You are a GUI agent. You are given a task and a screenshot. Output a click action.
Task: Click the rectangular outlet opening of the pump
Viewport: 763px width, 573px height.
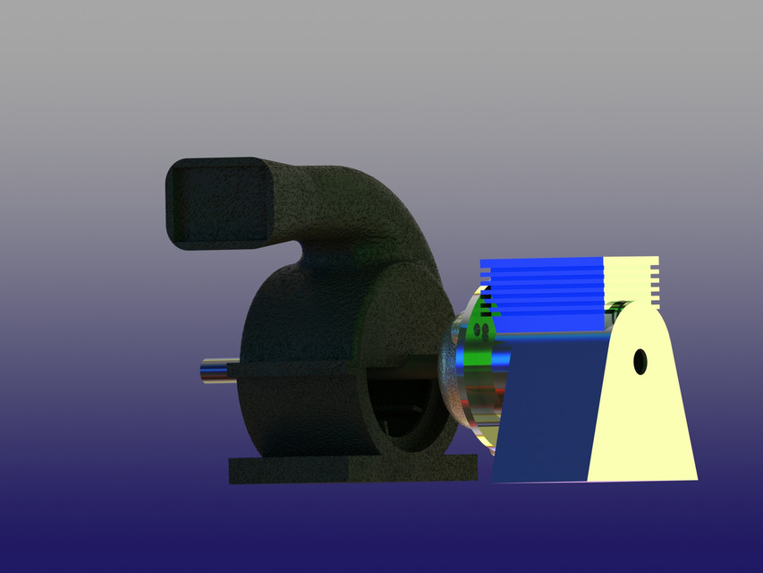tap(217, 203)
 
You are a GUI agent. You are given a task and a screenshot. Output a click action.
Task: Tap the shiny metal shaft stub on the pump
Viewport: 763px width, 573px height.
tap(216, 372)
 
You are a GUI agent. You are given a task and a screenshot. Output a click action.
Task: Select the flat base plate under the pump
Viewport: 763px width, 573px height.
tap(353, 469)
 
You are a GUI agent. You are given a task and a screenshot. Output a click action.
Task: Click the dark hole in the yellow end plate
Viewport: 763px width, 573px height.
tap(640, 362)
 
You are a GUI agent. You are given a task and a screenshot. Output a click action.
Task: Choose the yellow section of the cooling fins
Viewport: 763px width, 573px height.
tap(632, 281)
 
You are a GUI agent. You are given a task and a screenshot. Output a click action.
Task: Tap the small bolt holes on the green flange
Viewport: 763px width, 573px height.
tap(480, 332)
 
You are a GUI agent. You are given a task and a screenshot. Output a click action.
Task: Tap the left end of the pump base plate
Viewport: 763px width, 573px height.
tap(234, 470)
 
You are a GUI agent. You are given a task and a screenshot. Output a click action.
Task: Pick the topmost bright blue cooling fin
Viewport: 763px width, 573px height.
tap(542, 262)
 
